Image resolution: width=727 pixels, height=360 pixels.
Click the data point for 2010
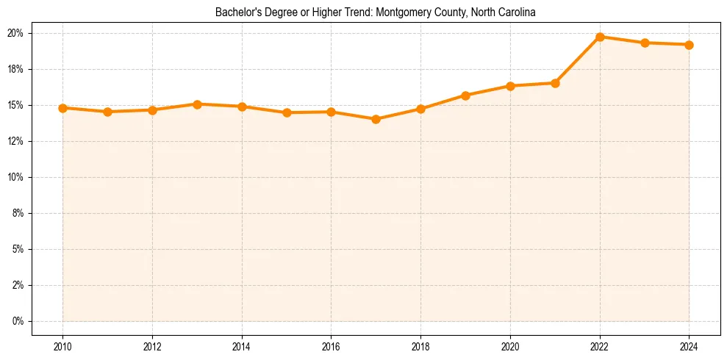click(62, 108)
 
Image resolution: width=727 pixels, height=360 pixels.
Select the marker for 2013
click(197, 104)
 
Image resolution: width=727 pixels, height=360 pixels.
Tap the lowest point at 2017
click(376, 119)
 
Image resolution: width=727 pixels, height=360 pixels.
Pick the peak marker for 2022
click(600, 37)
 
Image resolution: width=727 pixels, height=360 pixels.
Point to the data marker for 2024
click(690, 45)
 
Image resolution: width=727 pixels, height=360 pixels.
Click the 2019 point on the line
click(465, 96)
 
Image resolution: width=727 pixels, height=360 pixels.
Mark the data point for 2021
click(555, 83)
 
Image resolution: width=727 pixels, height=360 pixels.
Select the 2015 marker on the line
click(287, 112)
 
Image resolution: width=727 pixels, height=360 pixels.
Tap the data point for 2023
click(645, 43)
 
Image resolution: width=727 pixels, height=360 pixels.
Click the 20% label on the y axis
click(16, 33)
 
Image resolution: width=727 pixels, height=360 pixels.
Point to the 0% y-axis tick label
click(18, 321)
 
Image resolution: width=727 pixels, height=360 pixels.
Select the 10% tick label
click(16, 177)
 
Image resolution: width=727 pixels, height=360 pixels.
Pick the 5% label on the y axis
click(18, 249)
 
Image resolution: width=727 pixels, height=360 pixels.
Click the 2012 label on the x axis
click(152, 347)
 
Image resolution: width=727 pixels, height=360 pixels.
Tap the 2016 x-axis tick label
click(331, 347)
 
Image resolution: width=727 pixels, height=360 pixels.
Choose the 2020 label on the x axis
click(510, 347)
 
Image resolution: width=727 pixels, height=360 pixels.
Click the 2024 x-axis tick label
click(690, 347)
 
